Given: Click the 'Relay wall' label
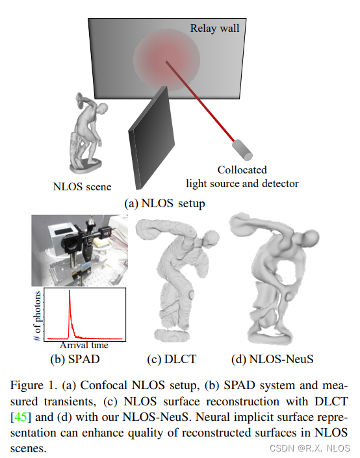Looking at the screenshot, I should [x=215, y=28].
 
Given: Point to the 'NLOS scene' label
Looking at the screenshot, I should [x=82, y=187].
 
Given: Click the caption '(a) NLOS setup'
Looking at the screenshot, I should [x=164, y=203].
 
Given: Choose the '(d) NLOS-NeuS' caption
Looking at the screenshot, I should [x=270, y=357].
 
